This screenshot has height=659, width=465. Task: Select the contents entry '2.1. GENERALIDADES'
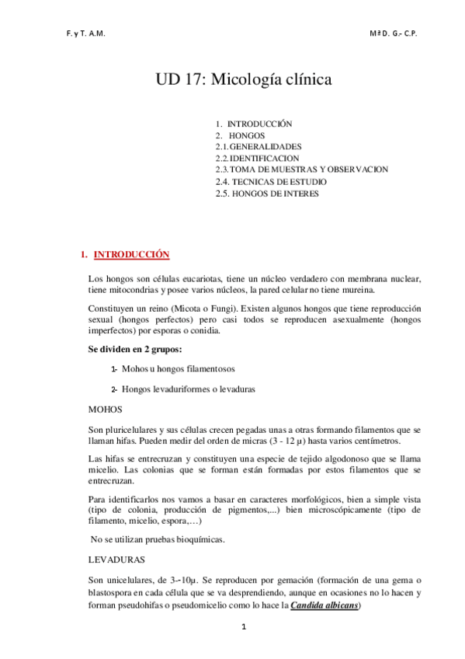[259, 146]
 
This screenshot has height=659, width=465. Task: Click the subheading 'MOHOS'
[105, 408]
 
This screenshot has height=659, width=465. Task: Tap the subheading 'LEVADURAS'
[116, 559]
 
